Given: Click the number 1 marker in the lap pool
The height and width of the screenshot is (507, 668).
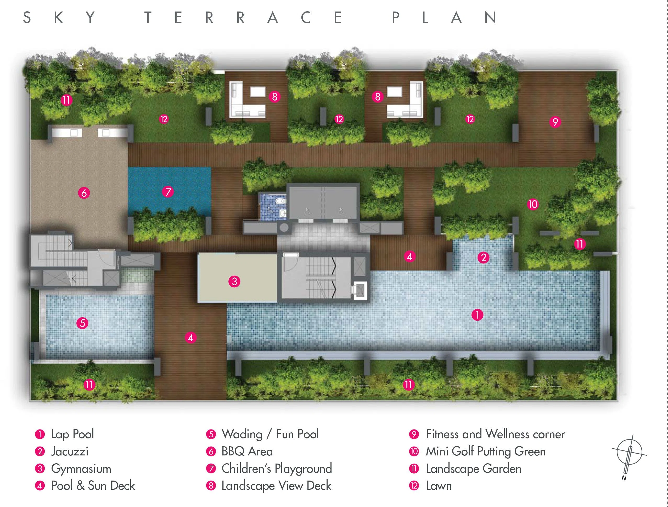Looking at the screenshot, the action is pyautogui.click(x=477, y=315).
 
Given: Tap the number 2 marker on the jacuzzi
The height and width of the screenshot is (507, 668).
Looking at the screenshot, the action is pyautogui.click(x=483, y=258).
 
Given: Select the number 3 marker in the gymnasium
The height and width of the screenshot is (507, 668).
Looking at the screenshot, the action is pyautogui.click(x=234, y=281).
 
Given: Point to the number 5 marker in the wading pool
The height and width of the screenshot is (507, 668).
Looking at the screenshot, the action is pyautogui.click(x=82, y=323).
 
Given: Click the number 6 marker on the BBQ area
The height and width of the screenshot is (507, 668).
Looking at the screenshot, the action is pyautogui.click(x=84, y=192).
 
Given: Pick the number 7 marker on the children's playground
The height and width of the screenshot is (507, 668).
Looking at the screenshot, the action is pyautogui.click(x=168, y=192).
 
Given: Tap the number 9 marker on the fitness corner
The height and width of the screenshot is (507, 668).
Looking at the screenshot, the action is pyautogui.click(x=555, y=122).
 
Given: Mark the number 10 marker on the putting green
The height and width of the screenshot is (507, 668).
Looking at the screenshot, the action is pyautogui.click(x=533, y=204).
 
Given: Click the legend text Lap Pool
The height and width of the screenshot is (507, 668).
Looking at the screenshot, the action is pyautogui.click(x=72, y=434).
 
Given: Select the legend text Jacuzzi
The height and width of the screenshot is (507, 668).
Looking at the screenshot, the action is pyautogui.click(x=70, y=452).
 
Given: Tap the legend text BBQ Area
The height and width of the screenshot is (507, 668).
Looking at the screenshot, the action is pyautogui.click(x=247, y=452).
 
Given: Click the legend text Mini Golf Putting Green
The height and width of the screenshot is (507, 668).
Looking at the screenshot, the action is pyautogui.click(x=486, y=452).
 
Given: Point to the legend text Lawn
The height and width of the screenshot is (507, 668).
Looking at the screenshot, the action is pyautogui.click(x=439, y=486).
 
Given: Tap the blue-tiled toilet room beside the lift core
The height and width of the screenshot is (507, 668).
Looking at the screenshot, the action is pyautogui.click(x=273, y=207).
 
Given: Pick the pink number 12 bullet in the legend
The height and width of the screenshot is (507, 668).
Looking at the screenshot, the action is pyautogui.click(x=414, y=486).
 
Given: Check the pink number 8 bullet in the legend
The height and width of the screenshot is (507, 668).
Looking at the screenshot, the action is pyautogui.click(x=211, y=486).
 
